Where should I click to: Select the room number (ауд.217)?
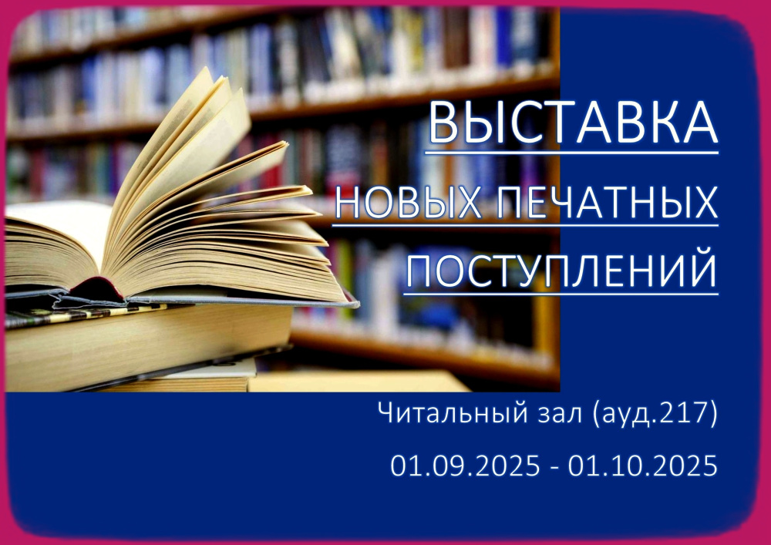[x=655, y=415]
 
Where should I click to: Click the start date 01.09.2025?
[x=465, y=466]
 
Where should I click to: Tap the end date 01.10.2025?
[x=643, y=466]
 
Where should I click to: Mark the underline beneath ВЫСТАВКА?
[x=571, y=153]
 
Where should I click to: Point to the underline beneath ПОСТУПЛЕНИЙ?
[x=561, y=294]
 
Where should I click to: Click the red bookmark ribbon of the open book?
[x=103, y=287]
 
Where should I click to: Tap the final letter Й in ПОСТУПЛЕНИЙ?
[x=701, y=269]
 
